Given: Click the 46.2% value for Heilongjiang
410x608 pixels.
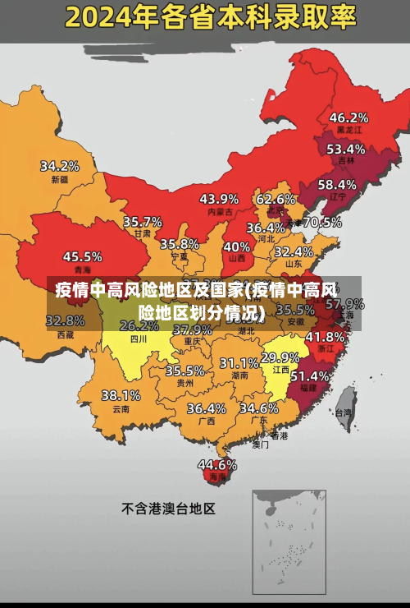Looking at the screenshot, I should point(348,117).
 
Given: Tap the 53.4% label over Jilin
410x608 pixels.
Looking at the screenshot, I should point(345,150).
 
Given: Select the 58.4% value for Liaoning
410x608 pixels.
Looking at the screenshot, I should point(337,185).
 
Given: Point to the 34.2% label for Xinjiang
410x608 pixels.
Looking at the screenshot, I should point(60,166).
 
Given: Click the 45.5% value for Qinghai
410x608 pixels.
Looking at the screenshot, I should point(83,256).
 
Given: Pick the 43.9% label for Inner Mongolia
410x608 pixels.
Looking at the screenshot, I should point(219,199).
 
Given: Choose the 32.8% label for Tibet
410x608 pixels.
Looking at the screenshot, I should point(66,320).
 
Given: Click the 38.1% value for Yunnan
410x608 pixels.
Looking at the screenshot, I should point(121,395).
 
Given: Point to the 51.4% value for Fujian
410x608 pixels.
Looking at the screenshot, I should point(310,375).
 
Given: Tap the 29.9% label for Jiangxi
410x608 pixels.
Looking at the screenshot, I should point(280,357).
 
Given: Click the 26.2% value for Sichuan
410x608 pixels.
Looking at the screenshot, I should point(139,325).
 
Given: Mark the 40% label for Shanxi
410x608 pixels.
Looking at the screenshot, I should point(237,246).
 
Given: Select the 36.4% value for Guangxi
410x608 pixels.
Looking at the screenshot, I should point(206,408).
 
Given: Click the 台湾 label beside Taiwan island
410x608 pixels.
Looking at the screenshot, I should point(344,413).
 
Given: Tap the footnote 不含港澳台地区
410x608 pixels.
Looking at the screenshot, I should point(168,509).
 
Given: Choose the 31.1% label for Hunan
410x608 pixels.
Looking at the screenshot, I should point(239,362).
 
